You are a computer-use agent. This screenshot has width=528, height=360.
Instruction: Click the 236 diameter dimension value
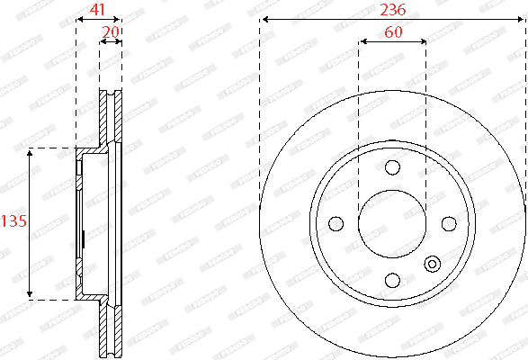(392, 9)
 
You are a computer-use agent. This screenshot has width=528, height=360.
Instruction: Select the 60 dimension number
(392, 31)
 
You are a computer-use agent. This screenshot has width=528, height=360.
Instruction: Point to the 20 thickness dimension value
(111, 31)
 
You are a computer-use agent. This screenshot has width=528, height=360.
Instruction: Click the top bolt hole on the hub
(392, 167)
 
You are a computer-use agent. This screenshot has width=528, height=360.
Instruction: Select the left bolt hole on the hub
(336, 223)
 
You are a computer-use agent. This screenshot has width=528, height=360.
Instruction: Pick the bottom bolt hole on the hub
(392, 279)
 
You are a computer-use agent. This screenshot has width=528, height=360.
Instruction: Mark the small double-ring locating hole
(432, 264)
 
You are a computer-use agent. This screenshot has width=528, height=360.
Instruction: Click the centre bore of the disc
(392, 223)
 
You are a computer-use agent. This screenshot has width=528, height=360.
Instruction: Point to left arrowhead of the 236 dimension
(263, 19)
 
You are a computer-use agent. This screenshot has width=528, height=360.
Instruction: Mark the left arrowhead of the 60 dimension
(362, 40)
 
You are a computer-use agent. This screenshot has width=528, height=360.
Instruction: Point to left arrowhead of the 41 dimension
(79, 18)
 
